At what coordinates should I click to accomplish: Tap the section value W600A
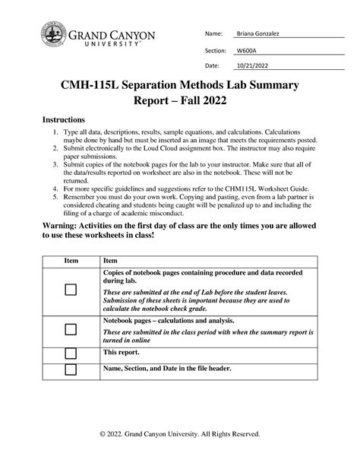click(245, 49)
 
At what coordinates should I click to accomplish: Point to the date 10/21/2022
click(251, 65)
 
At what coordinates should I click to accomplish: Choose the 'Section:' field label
click(213, 49)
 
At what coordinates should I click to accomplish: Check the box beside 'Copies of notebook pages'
click(71, 290)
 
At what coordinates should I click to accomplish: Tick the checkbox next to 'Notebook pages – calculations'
click(71, 329)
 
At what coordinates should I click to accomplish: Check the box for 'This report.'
click(71, 353)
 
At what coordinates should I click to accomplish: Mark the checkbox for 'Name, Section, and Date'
click(71, 369)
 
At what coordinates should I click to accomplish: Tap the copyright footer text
click(180, 433)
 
